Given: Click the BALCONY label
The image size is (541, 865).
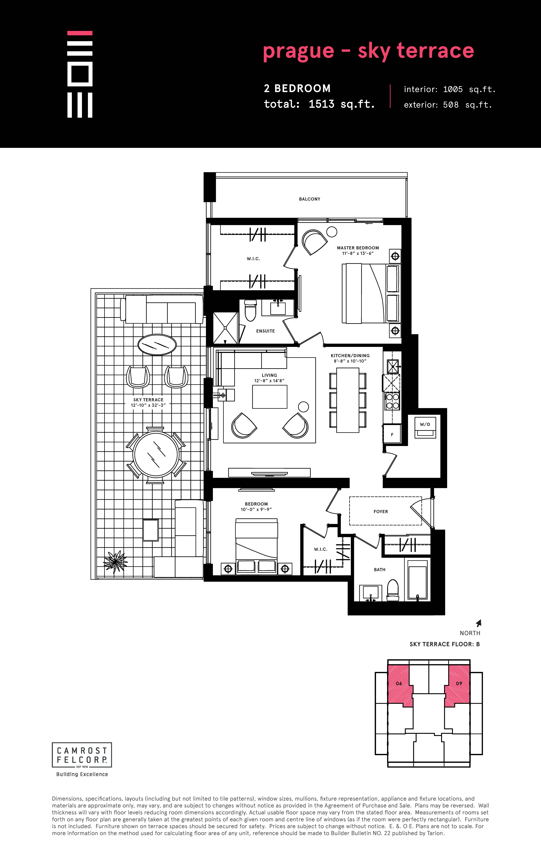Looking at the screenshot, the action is [x=310, y=199].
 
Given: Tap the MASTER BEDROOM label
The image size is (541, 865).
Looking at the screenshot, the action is [x=358, y=248].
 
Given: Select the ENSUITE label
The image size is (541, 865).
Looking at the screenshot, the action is [x=265, y=331].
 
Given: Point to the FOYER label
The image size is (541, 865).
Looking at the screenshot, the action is [x=381, y=512].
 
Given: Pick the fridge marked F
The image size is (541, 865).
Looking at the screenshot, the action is [x=392, y=434].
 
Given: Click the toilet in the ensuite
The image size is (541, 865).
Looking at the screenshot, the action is [x=250, y=310].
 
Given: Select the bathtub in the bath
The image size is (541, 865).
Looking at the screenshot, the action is [x=418, y=579].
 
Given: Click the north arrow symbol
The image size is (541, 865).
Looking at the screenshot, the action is [x=479, y=623].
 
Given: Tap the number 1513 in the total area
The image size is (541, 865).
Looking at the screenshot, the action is [x=321, y=104].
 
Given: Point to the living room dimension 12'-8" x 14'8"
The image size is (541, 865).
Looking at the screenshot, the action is [x=269, y=381].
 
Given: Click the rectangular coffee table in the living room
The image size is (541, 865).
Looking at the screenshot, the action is [x=270, y=397].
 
